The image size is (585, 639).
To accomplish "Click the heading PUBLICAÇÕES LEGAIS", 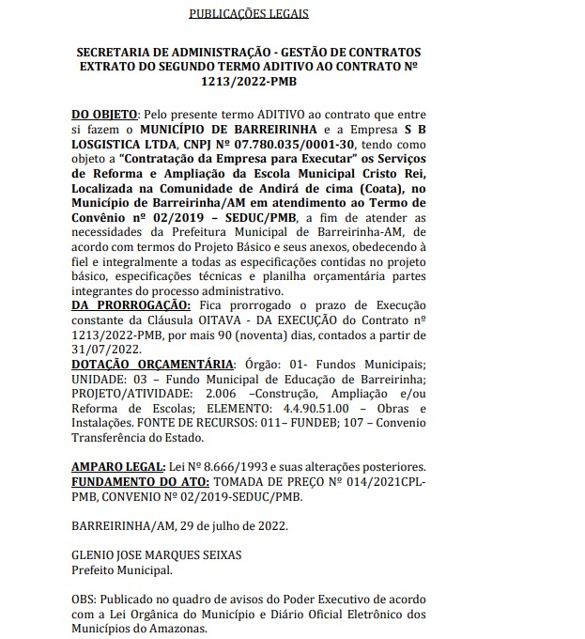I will (x=248, y=15).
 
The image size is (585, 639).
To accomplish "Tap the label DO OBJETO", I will (x=104, y=113).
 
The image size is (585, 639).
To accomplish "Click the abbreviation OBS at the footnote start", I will (x=85, y=599).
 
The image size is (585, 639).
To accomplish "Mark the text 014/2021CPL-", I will (x=388, y=481).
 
